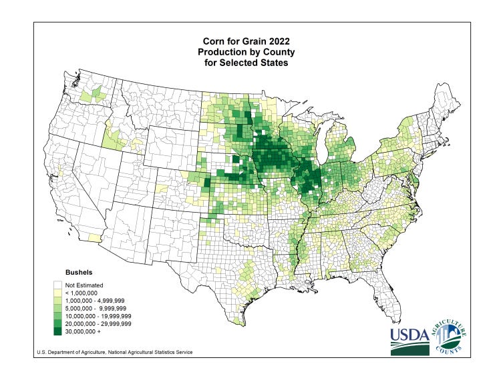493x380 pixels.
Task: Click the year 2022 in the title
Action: click(x=279, y=40)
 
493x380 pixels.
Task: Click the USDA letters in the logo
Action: click(x=409, y=334)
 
